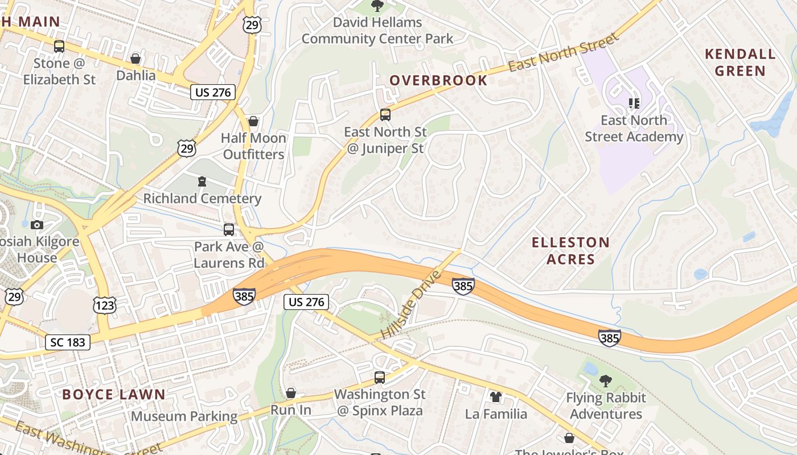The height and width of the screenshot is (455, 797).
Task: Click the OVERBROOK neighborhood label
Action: click(438, 80)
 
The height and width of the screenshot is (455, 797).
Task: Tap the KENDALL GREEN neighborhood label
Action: click(740, 63)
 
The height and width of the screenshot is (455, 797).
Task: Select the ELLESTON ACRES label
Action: click(570, 251)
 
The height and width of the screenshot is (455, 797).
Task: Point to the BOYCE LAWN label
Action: click(114, 395)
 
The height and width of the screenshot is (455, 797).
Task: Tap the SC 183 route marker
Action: click(68, 342)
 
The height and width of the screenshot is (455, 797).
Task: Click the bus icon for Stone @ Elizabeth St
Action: click(59, 47)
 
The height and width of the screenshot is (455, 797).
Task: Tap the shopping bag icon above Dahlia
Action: click(135, 59)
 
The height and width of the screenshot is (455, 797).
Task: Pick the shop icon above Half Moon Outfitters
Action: click(253, 121)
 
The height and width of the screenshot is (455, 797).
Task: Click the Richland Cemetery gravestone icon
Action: click(202, 181)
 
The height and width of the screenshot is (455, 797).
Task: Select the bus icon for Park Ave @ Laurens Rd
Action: click(229, 230)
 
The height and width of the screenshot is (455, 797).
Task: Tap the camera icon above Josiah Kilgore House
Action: click(37, 225)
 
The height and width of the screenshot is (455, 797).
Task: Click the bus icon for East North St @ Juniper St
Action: click(385, 115)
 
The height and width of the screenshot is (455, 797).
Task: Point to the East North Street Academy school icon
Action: click(634, 104)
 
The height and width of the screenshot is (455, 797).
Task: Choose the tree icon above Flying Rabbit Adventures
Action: click(606, 381)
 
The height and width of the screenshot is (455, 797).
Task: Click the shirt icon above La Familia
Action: click(496, 396)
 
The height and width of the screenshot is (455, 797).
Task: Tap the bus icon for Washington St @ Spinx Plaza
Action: click(379, 377)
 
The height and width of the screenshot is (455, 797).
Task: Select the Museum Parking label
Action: click(184, 416)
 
